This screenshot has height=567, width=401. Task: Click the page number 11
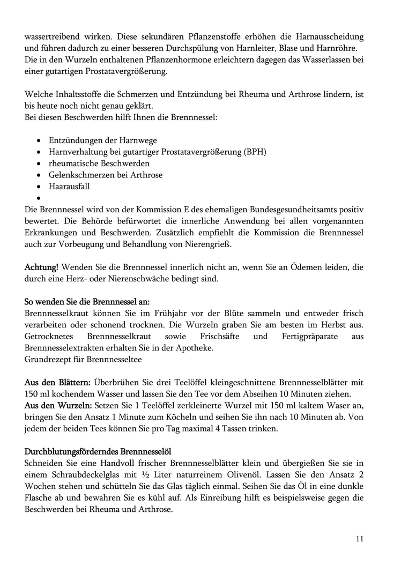[x=359, y=539]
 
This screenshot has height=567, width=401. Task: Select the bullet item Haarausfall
[x=69, y=186]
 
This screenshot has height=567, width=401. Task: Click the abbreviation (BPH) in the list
[x=255, y=152]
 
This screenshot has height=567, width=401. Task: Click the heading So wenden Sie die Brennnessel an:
[x=87, y=301]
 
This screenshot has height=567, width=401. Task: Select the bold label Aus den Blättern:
[x=57, y=382]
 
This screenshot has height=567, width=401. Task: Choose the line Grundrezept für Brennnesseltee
[x=83, y=360]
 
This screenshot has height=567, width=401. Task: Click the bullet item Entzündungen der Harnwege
[x=102, y=140]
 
